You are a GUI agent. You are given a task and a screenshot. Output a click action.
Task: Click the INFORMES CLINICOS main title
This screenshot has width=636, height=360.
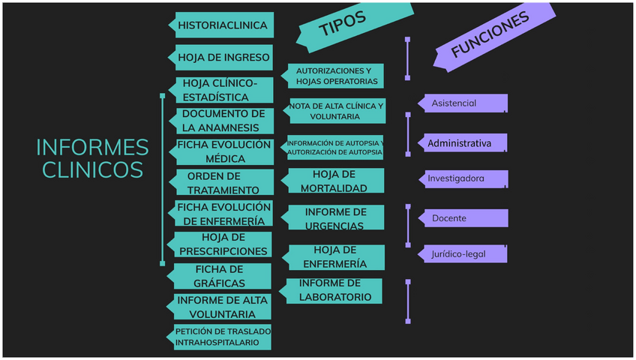[x=92, y=158]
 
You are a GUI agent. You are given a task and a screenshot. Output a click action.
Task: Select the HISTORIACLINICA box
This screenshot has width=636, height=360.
[x=222, y=25]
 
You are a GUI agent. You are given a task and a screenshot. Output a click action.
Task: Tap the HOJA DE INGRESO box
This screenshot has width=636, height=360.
[x=223, y=57]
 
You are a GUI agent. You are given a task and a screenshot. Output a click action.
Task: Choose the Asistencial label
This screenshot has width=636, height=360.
[x=465, y=103]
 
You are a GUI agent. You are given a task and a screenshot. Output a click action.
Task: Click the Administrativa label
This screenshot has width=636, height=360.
[x=465, y=142]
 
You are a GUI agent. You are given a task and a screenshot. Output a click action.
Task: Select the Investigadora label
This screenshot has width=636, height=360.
[x=465, y=178]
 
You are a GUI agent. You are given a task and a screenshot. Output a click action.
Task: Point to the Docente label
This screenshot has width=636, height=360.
[x=465, y=218]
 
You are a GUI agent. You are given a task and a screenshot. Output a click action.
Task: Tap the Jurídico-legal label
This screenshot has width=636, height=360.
[x=465, y=253]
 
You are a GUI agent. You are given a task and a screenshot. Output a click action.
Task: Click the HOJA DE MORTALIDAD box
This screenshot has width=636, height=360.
[x=334, y=181]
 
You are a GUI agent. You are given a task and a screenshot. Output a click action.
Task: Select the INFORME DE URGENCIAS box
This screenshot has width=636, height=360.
[x=334, y=218]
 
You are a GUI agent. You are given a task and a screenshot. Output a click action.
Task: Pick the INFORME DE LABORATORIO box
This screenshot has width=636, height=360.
[x=334, y=290]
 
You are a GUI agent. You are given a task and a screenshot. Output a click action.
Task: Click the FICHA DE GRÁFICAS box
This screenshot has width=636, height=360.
[x=220, y=276]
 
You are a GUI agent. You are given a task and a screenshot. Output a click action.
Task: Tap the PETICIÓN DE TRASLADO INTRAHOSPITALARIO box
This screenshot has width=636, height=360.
[x=222, y=337]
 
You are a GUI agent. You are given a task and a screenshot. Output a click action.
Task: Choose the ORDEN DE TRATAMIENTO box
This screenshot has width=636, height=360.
[x=223, y=183]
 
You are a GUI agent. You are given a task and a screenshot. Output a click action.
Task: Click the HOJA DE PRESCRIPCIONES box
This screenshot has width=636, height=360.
[x=223, y=244]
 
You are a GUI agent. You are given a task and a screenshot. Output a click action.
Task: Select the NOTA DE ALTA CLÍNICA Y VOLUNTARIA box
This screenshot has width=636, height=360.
[x=335, y=111]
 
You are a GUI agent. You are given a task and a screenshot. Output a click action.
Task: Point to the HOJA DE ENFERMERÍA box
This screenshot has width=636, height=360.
[x=335, y=256]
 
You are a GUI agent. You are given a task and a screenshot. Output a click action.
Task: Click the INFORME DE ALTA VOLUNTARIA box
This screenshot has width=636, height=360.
[x=222, y=307]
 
